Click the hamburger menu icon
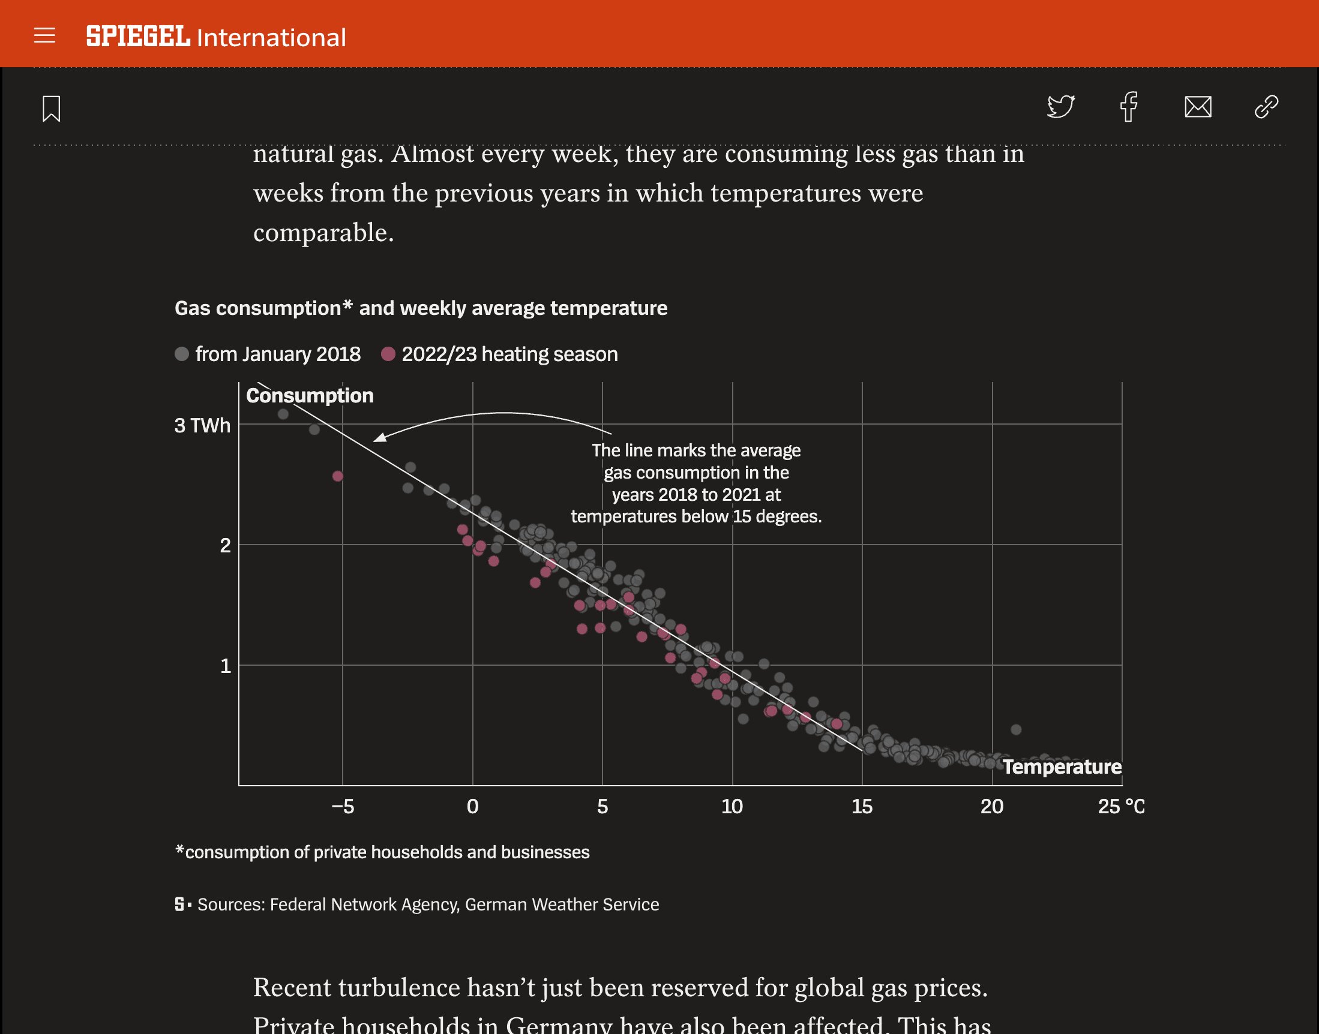tap(44, 36)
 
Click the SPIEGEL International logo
tap(215, 37)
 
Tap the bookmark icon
tap(52, 109)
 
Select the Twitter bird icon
tap(1060, 107)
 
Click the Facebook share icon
tap(1128, 107)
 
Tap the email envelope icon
tap(1197, 107)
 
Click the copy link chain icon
tap(1266, 107)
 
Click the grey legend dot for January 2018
tap(182, 353)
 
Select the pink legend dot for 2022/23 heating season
tap(388, 353)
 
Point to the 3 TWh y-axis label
tap(202, 425)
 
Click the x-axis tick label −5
tap(343, 806)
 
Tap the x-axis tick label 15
tap(862, 806)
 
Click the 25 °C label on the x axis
tap(1120, 806)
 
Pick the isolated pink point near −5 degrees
tap(338, 476)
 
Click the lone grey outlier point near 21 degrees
tap(1016, 729)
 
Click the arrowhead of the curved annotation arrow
tap(379, 438)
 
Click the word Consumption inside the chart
tap(310, 395)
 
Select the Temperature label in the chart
tap(1062, 767)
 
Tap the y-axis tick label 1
tap(225, 666)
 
